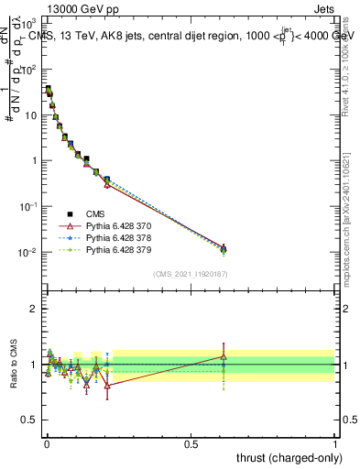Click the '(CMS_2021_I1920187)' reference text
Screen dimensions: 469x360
point(190,274)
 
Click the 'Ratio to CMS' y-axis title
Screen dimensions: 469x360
point(14,364)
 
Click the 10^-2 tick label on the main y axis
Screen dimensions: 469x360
point(28,252)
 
